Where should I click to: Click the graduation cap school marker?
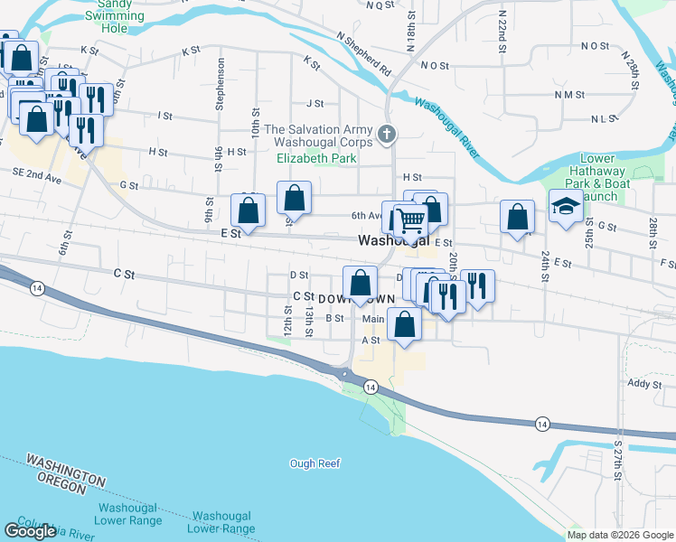coord(566,207)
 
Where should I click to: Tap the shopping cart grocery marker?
coord(410,219)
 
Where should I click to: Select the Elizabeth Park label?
coord(316,158)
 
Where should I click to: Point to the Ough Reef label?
coord(315,463)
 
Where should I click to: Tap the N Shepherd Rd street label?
coord(363,53)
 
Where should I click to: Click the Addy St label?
coord(644,384)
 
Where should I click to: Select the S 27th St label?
coord(618,463)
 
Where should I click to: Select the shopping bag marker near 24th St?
coord(517,218)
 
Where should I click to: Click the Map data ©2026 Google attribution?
coord(620,535)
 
